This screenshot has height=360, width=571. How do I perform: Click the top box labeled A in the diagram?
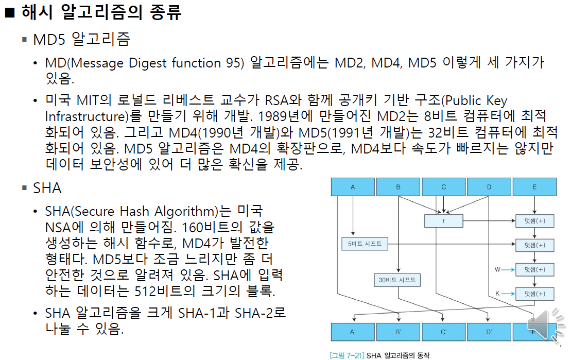click(x=353, y=187)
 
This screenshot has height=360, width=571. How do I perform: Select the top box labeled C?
click(x=444, y=187)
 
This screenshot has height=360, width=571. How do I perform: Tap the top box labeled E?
click(x=534, y=187)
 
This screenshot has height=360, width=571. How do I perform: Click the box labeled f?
click(x=444, y=221)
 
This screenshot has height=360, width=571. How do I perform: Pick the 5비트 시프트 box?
click(x=365, y=244)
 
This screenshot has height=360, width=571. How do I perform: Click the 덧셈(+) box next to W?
click(x=535, y=269)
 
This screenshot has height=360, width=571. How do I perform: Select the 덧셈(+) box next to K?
click(x=535, y=294)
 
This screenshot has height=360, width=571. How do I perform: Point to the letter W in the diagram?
click(x=497, y=269)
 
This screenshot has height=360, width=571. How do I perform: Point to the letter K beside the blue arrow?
click(x=498, y=294)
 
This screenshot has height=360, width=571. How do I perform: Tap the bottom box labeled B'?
click(x=398, y=332)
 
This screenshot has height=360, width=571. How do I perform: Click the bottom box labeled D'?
click(x=489, y=332)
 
